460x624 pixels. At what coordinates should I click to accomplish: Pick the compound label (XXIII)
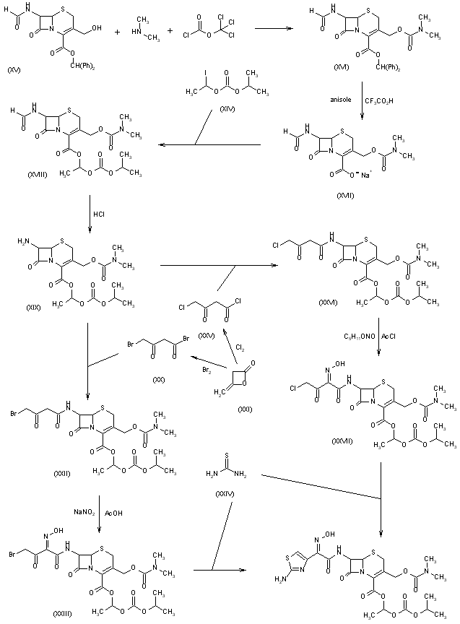[x=63, y=612]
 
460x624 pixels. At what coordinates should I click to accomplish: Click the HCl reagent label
[x=100, y=214]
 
